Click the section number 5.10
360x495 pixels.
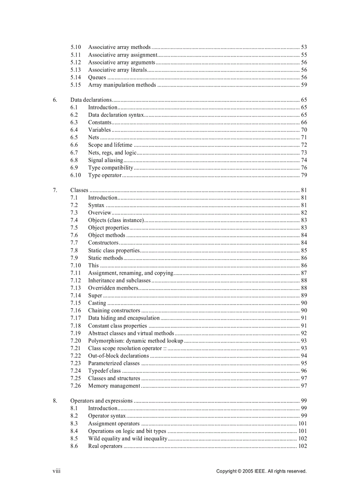click(75, 47)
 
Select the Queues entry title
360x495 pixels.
click(97, 78)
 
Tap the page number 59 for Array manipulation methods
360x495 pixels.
click(304, 85)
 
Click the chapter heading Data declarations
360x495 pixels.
click(91, 100)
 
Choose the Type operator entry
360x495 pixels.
click(105, 175)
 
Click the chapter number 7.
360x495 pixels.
click(55, 190)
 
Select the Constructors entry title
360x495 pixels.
click(103, 243)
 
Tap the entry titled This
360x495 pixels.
click(94, 265)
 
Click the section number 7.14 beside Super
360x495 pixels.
click(75, 295)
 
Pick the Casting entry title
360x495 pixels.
click(97, 303)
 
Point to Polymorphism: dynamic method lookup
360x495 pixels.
click(135, 341)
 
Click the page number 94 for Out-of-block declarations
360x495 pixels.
click(304, 356)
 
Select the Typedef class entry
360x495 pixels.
click(105, 371)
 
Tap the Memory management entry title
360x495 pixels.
click(114, 386)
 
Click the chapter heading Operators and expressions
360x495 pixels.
click(101, 401)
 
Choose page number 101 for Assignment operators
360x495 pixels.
click(303, 424)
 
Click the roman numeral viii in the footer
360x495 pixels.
click(56, 471)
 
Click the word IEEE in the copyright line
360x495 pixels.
click(260, 471)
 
